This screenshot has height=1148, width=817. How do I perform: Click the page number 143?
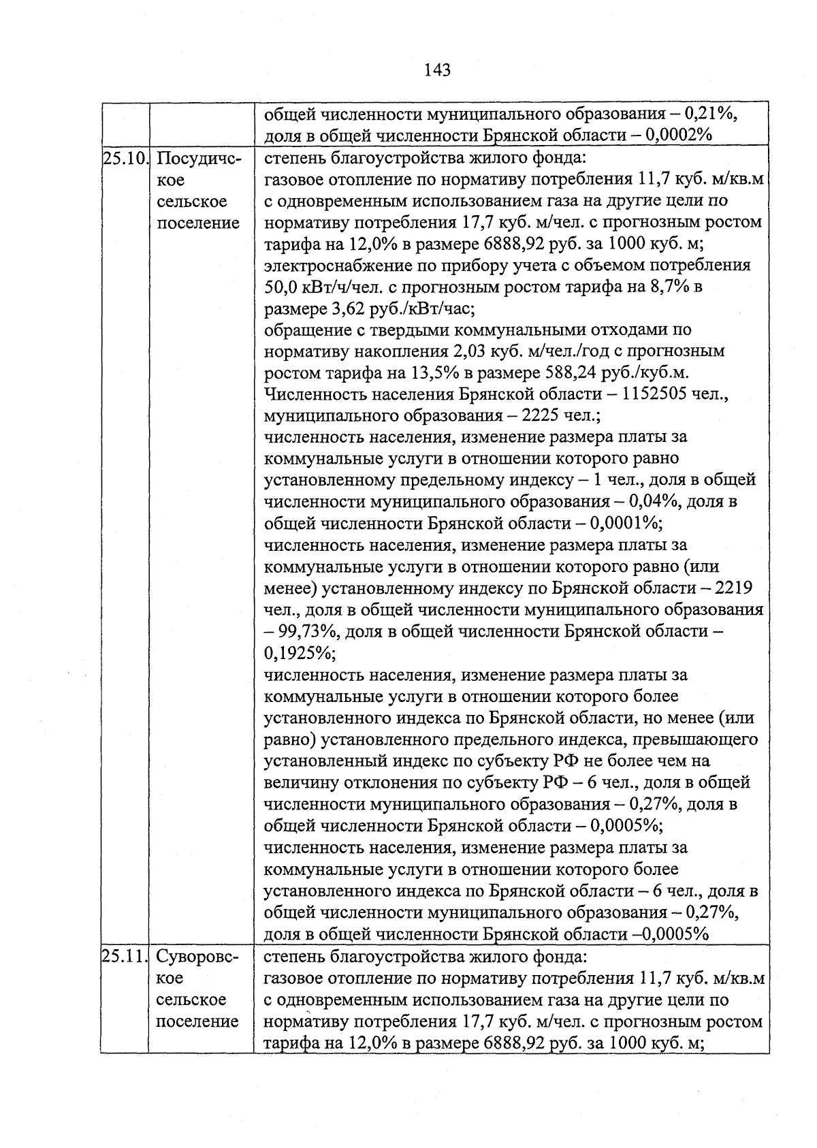tap(437, 69)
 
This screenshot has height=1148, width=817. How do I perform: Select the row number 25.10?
tap(125, 159)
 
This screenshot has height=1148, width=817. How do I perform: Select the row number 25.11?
tap(125, 957)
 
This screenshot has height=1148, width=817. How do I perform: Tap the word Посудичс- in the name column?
tap(199, 159)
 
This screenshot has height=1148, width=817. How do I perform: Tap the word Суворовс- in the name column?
tap(199, 957)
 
